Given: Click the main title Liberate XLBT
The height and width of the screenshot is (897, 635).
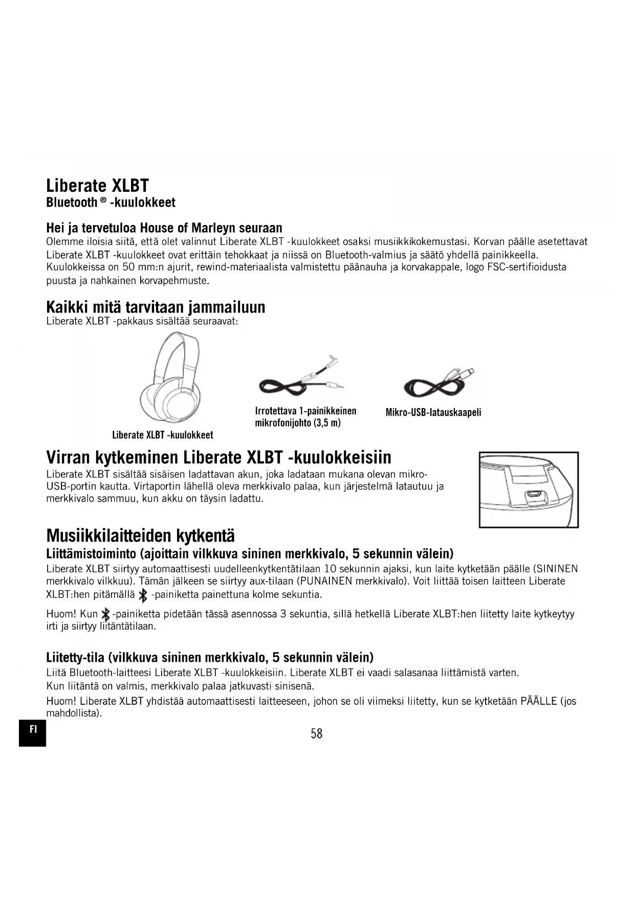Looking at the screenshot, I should [97, 185].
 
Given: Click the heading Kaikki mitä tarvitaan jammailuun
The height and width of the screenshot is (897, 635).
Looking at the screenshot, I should [156, 307].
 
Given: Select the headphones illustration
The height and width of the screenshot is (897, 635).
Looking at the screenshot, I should [170, 378].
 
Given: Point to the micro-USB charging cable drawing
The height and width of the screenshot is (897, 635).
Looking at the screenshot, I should [440, 383].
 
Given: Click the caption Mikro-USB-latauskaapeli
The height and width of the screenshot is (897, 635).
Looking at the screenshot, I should [433, 412].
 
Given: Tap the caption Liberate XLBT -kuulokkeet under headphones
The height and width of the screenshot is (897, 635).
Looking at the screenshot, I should [162, 435].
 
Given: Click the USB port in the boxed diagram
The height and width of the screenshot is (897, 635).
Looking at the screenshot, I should [533, 495].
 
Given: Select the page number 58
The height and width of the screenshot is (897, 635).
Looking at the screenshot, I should [317, 734].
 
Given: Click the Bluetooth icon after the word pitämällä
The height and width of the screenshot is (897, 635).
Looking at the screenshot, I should [143, 595].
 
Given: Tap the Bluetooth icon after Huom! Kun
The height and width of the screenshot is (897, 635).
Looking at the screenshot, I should [105, 614].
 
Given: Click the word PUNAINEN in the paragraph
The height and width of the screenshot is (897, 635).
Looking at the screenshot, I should [325, 581].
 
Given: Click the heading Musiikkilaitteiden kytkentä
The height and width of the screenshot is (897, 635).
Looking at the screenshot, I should [140, 536].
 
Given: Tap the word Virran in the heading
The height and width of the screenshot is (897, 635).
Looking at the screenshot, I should [68, 457].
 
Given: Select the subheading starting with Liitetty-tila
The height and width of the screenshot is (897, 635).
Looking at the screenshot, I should [209, 657].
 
